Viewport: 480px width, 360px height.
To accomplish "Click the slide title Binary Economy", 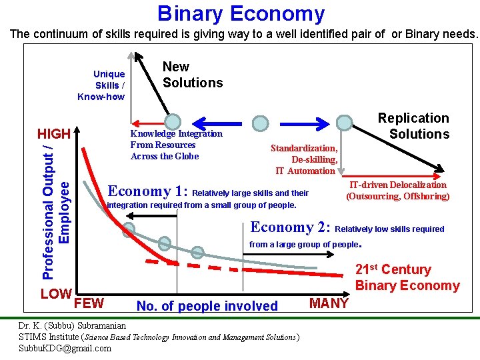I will pyautogui.click(x=241, y=13).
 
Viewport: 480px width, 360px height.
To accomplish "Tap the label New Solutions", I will pyautogui.click(x=193, y=75).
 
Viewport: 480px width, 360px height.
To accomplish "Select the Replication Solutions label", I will pyautogui.click(x=413, y=126).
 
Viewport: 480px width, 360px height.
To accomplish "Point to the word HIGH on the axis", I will pyautogui.click(x=53, y=134).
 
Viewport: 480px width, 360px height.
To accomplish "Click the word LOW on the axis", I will pyautogui.click(x=56, y=293).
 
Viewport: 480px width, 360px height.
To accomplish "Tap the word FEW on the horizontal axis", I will pyautogui.click(x=89, y=304).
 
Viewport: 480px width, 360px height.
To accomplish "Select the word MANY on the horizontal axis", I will pyautogui.click(x=329, y=304).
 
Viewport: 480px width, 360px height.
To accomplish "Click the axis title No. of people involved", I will pyautogui.click(x=207, y=306).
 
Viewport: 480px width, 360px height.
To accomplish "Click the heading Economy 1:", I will pyautogui.click(x=147, y=191).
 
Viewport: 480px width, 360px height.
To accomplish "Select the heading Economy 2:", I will pyautogui.click(x=291, y=227).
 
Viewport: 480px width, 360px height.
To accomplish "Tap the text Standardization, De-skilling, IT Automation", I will pyautogui.click(x=304, y=159).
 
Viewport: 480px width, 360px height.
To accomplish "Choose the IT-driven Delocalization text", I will pyautogui.click(x=398, y=190).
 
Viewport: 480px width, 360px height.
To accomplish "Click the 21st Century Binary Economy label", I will pyautogui.click(x=407, y=278).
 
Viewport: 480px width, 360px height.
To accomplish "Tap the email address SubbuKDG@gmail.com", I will pyautogui.click(x=65, y=348).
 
